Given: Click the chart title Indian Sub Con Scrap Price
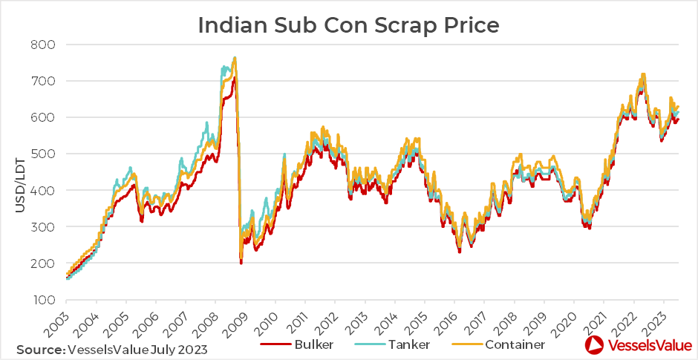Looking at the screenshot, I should coord(348,24).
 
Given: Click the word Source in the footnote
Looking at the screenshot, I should coord(39,348).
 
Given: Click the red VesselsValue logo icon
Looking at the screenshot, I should coord(594,345).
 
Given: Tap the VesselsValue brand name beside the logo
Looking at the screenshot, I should coord(643,345).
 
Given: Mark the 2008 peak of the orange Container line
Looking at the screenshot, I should coord(235,58).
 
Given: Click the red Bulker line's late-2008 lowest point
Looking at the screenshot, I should coord(241,263).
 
